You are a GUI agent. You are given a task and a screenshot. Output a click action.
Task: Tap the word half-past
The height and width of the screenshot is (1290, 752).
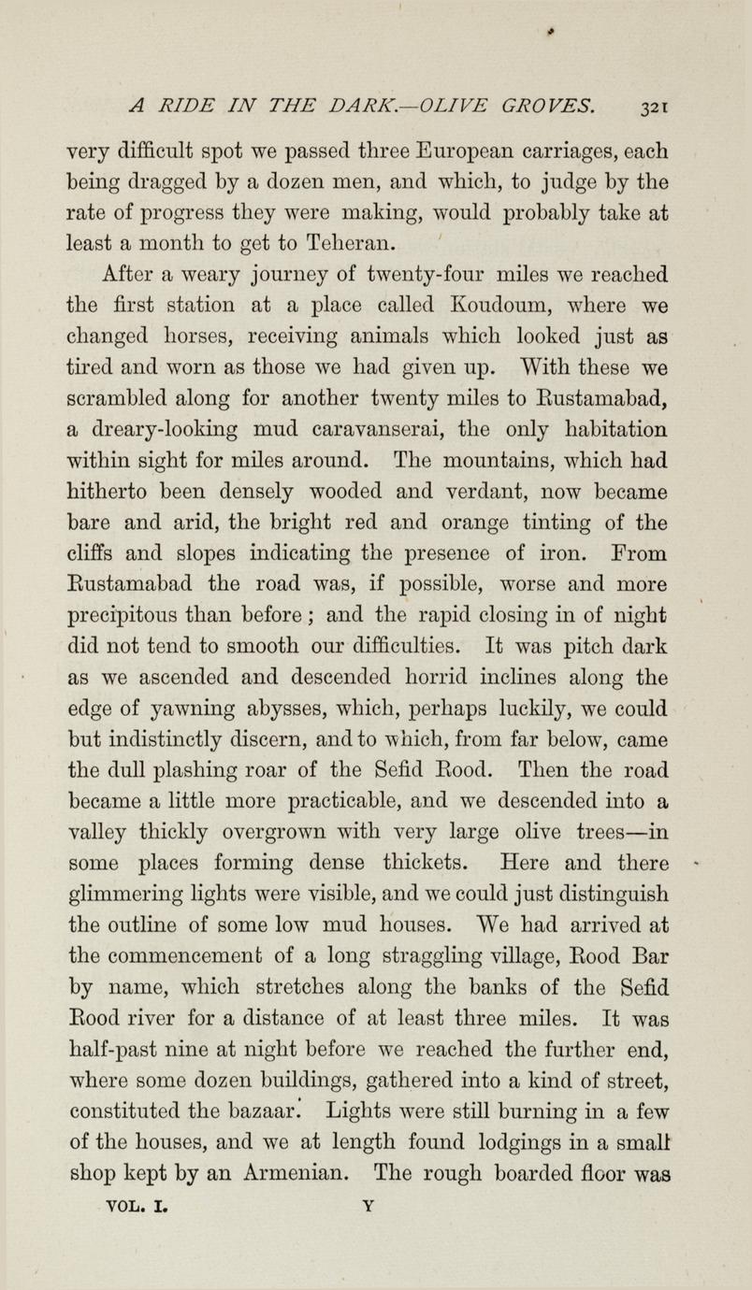click(x=120, y=1047)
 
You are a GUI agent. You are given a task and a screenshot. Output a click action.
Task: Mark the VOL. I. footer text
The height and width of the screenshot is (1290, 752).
click(x=137, y=1206)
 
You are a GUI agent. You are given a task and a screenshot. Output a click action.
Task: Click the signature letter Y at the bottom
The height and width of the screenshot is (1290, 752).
click(x=368, y=1206)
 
